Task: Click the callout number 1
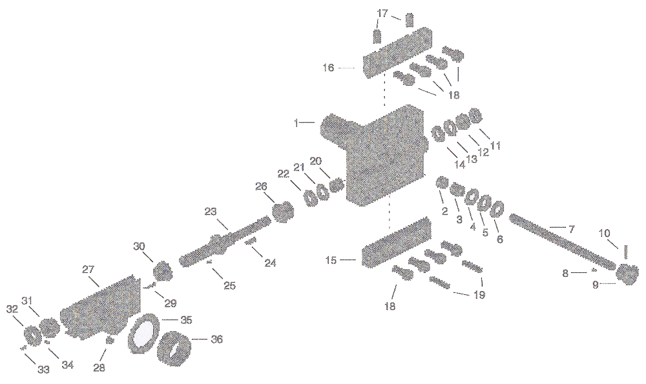[296, 123]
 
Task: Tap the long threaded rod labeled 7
[563, 241]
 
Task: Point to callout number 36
[216, 339]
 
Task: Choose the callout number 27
[88, 269]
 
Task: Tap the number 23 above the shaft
[211, 212]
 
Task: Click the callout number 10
[605, 234]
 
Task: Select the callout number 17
[382, 13]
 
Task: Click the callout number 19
[479, 295]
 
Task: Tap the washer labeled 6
[497, 210]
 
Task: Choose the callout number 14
[459, 164]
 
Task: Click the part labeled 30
[162, 270]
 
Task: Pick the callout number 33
[44, 369]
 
